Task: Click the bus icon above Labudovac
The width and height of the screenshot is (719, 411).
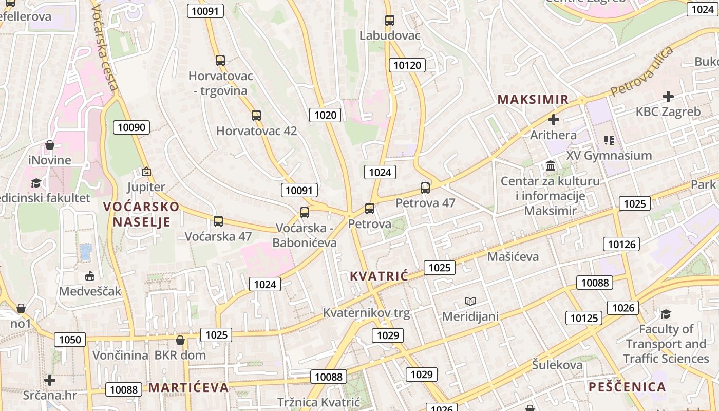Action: (x=390, y=21)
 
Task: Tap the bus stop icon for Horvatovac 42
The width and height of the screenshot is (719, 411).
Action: (x=256, y=116)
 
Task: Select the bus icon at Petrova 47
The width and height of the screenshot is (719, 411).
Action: (x=425, y=188)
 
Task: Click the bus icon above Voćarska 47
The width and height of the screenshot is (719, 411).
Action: (x=218, y=221)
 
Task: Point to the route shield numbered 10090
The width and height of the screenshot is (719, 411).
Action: (x=131, y=127)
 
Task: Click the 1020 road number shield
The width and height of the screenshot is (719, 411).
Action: (x=325, y=115)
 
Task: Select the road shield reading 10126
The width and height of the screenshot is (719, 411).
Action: (x=621, y=244)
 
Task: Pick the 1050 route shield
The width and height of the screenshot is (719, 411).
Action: (x=70, y=339)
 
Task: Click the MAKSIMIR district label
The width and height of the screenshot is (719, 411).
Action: (x=533, y=99)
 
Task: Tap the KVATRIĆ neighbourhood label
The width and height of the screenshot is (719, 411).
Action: (x=379, y=276)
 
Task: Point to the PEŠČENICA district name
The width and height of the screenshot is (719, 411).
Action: (x=627, y=387)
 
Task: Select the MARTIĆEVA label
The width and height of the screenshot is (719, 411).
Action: (x=188, y=387)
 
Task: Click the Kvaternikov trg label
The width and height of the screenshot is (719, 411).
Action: (x=366, y=313)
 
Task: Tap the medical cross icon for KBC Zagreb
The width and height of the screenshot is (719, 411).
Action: (x=668, y=96)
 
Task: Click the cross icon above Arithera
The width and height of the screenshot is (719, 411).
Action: (x=553, y=120)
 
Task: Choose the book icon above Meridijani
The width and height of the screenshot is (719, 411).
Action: (x=470, y=301)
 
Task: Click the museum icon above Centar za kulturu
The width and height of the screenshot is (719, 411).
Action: (x=551, y=165)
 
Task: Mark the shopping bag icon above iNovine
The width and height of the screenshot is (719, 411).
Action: (x=50, y=145)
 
